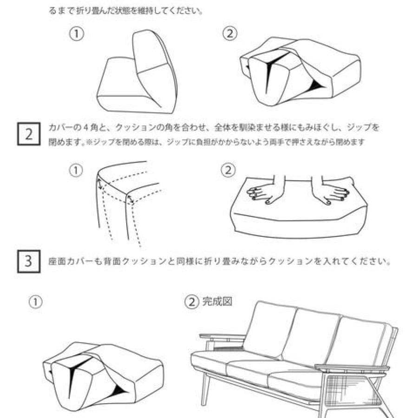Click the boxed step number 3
tap(28, 261)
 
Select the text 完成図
tap(216, 301)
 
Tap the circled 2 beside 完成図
tap(191, 302)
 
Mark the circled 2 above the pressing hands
tap(228, 170)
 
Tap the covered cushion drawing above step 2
tap(300, 72)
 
